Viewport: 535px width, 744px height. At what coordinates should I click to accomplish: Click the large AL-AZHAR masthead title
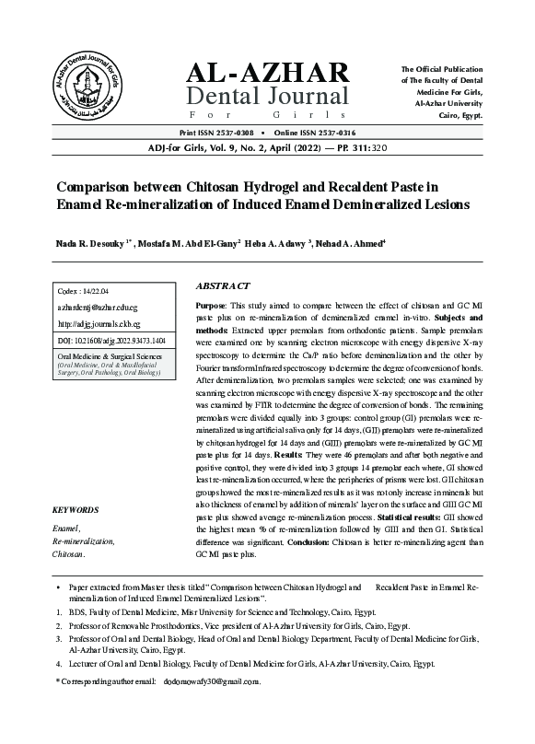coord(268,73)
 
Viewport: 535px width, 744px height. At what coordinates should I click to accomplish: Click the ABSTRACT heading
coord(227,286)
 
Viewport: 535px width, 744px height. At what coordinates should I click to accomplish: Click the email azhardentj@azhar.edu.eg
coord(97,308)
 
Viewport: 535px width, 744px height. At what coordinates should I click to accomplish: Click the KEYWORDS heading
coord(76,509)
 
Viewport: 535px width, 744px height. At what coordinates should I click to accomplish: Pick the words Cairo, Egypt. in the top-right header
coord(459,116)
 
